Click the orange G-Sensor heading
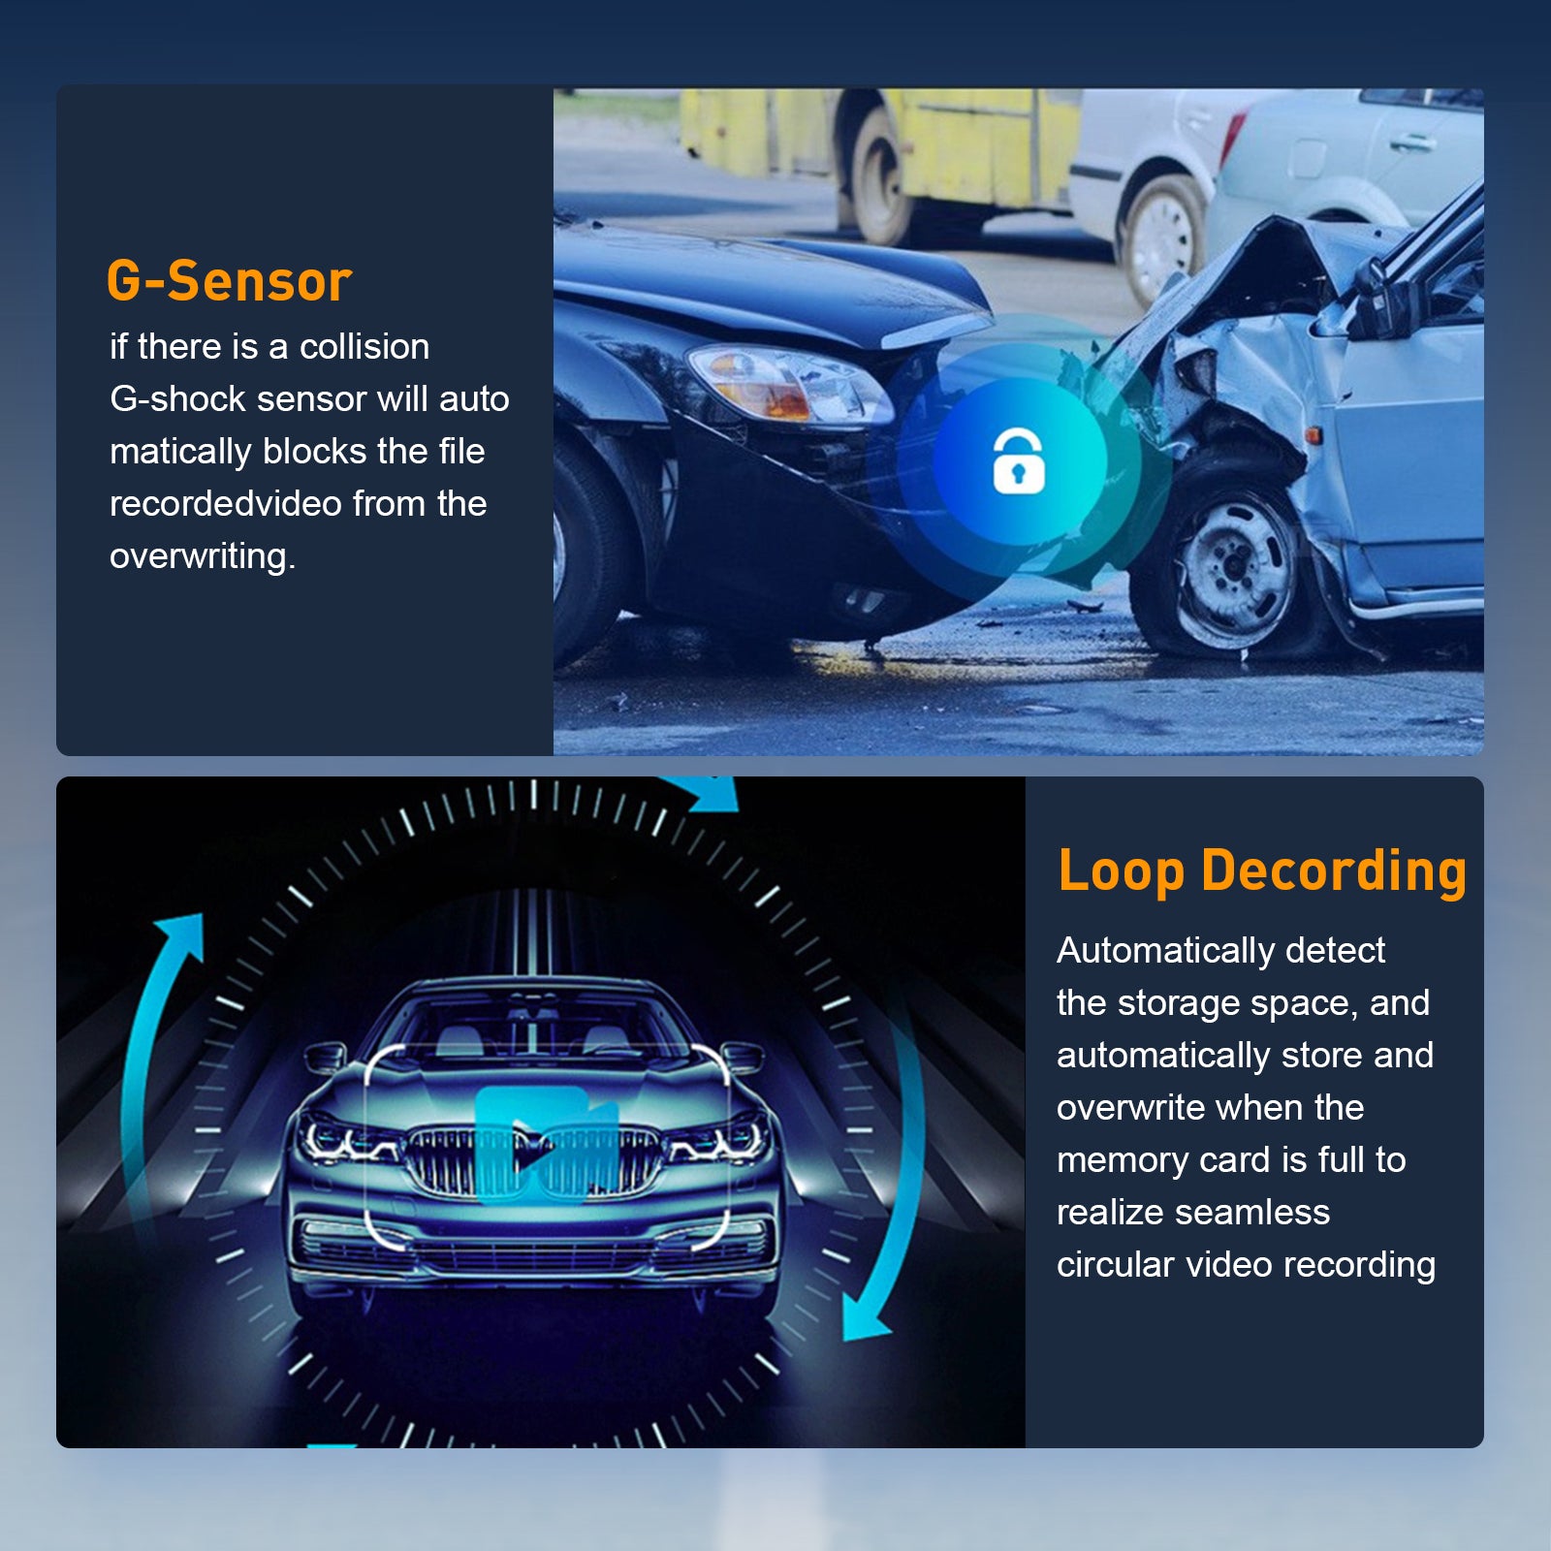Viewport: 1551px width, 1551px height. (229, 281)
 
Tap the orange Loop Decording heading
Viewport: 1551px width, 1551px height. (1262, 870)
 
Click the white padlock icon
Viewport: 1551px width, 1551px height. (1019, 461)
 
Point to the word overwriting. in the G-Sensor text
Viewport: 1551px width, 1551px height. (203, 556)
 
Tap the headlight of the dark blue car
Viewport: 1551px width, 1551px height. (787, 385)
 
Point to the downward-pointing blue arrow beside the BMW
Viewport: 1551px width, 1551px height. (887, 1192)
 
